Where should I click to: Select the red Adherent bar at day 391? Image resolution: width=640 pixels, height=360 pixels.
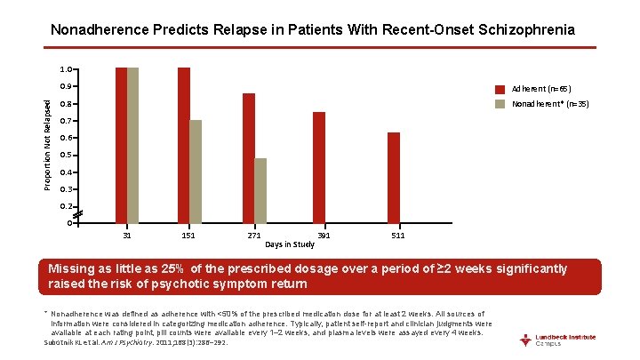pos(319,167)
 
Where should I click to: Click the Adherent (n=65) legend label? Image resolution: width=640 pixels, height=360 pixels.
pos(541,89)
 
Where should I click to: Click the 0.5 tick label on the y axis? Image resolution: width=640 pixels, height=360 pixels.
pos(65,156)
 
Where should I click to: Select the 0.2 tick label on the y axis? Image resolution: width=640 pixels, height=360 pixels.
pos(65,206)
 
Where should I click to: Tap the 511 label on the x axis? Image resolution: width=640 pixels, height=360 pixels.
pos(399,236)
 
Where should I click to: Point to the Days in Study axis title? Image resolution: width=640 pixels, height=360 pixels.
pos(290,244)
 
